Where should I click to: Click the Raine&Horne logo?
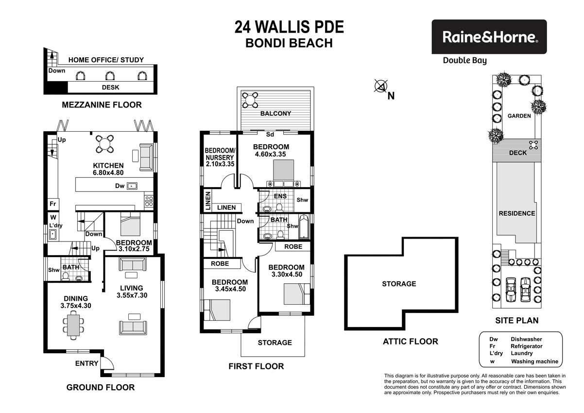point(489,37)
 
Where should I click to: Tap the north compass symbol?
point(381,87)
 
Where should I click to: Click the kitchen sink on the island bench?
point(132,186)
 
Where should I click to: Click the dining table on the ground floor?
point(73,326)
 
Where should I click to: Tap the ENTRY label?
point(86,363)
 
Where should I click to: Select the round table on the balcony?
point(251,100)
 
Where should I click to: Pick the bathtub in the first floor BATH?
point(304,227)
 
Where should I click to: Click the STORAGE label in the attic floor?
point(399,284)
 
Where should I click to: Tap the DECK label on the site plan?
point(518,153)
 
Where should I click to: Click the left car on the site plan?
point(511,290)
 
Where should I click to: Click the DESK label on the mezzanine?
point(110,87)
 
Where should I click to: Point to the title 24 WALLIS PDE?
point(289,27)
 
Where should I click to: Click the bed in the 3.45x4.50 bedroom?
point(216,310)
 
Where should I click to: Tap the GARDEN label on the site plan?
point(519,116)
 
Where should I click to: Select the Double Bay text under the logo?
point(464,61)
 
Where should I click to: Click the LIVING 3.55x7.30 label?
point(134,292)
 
